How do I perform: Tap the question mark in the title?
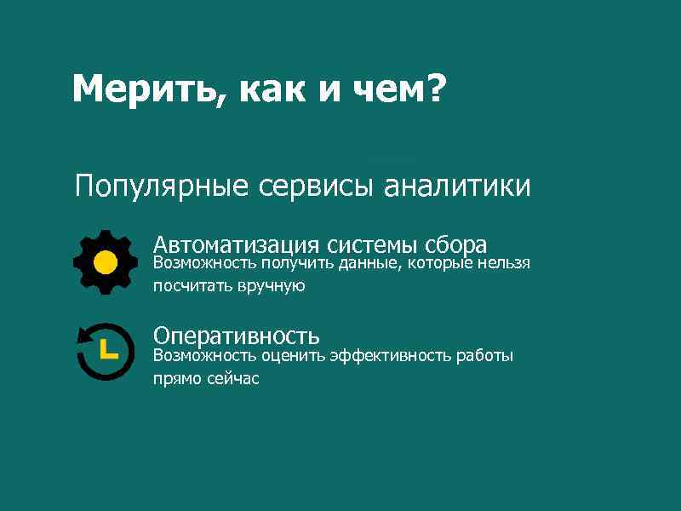point(433,88)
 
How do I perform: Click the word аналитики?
point(457,186)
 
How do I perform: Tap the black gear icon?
point(105,261)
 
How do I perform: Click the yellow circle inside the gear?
point(105,261)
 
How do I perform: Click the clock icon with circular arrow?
point(105,352)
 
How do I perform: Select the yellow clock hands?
point(106,349)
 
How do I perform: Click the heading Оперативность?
point(236,336)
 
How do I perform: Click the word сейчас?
point(230,379)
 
